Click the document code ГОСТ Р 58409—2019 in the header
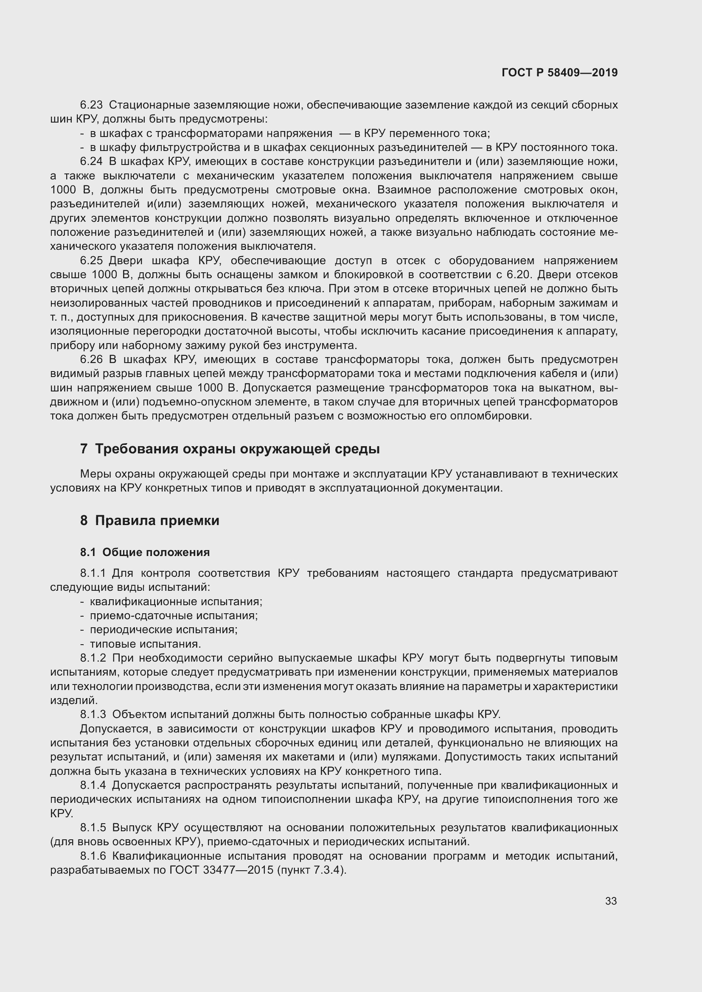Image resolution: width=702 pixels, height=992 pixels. point(559,73)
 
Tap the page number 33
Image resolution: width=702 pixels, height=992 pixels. point(611,901)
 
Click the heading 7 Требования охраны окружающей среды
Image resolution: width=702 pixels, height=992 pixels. point(230,449)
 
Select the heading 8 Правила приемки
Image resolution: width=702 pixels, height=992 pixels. point(149,521)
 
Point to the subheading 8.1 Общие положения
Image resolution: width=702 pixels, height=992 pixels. point(145,552)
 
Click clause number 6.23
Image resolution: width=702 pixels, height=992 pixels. point(91,105)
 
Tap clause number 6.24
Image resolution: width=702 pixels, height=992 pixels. point(91,162)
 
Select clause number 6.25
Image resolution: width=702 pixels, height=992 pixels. point(91,260)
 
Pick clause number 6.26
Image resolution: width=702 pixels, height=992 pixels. point(91,360)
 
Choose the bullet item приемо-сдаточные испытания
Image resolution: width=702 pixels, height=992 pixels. point(174,615)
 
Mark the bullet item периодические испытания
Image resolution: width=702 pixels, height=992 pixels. point(164,629)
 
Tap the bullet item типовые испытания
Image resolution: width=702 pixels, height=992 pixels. point(145,644)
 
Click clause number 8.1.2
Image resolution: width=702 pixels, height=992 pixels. point(93,658)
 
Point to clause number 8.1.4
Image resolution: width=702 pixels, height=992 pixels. point(93,785)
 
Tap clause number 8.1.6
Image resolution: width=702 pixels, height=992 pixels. point(93,856)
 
